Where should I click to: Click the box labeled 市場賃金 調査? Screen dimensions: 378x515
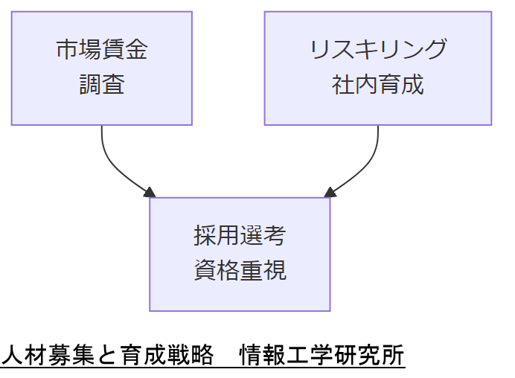(x=101, y=68)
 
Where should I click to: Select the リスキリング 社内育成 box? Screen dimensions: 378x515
(x=377, y=68)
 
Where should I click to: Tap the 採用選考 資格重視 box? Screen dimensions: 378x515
(x=240, y=254)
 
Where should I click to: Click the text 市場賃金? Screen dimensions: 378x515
(x=101, y=49)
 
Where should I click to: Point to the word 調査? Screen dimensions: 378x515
(x=101, y=85)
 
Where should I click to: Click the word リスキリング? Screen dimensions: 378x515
(x=377, y=49)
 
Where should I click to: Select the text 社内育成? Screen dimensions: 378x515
(x=377, y=85)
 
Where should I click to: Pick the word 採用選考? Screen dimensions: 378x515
(x=240, y=236)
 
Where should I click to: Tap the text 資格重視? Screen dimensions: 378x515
(x=240, y=271)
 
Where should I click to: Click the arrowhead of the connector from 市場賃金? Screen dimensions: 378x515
(x=150, y=193)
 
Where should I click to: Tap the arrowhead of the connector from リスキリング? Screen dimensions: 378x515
(x=330, y=193)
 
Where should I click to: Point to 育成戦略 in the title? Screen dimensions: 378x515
(x=166, y=356)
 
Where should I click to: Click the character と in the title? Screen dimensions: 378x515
(x=107, y=356)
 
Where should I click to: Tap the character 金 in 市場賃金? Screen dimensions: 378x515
(x=136, y=49)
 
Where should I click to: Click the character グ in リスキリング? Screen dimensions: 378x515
(x=435, y=49)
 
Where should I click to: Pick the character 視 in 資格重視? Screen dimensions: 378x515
(x=275, y=271)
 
